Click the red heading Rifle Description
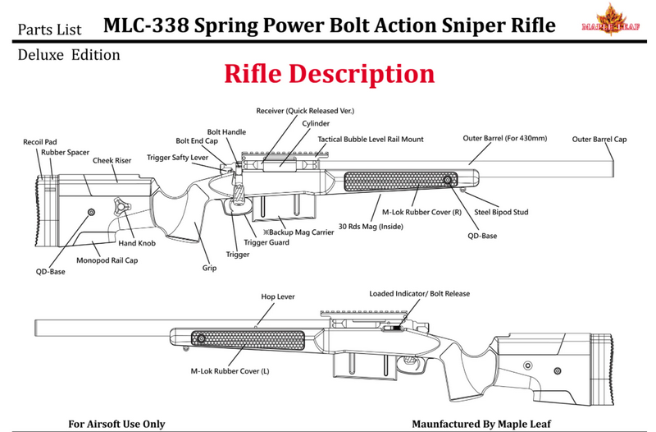(x=329, y=74)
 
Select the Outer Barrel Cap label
(x=599, y=140)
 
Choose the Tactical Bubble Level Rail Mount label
(x=371, y=140)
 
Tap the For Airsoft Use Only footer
(x=116, y=424)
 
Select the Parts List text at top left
(x=49, y=30)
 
